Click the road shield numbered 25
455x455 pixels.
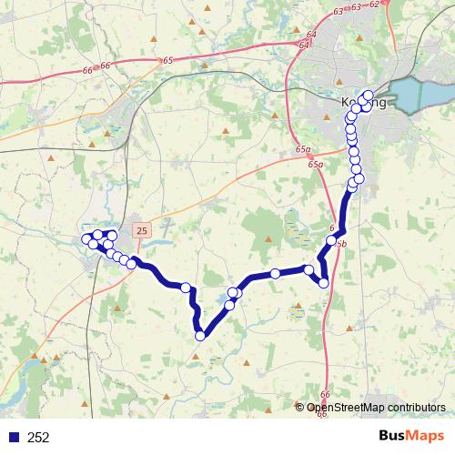141,231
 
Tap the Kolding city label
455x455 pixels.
362,103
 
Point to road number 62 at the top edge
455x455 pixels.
374,5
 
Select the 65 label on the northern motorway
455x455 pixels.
168,60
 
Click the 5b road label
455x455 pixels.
341,244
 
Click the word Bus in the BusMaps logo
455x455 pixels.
395,437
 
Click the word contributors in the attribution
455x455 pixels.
414,408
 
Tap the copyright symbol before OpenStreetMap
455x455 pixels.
301,408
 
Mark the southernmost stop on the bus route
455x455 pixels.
200,336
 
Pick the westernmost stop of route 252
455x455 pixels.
87,239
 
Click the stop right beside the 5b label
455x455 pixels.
331,240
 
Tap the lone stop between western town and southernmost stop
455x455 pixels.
187,288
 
